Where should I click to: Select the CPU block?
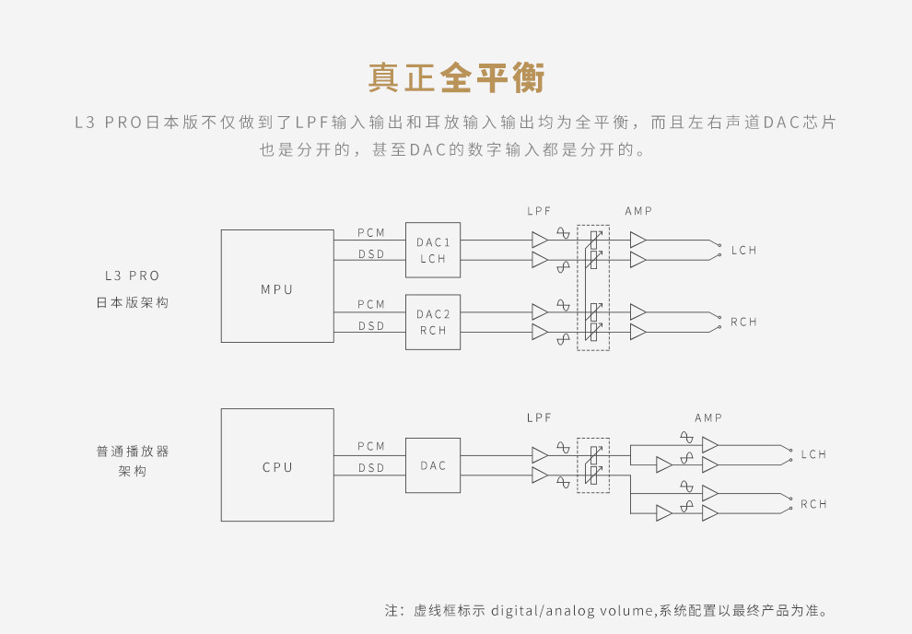click(x=277, y=466)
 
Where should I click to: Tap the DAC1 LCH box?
click(x=433, y=250)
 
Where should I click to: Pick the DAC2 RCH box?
click(x=433, y=322)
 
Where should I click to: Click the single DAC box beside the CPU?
click(x=433, y=465)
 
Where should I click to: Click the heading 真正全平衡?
click(x=456, y=78)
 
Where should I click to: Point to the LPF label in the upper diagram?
click(x=539, y=211)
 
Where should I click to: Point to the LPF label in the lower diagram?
click(x=539, y=417)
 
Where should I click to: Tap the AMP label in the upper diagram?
click(x=638, y=211)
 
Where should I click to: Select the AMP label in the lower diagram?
click(x=708, y=417)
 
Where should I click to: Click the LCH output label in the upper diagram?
click(x=744, y=251)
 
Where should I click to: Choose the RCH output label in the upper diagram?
click(x=744, y=322)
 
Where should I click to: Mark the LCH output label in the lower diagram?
click(x=814, y=454)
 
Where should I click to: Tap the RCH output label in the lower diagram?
click(x=814, y=504)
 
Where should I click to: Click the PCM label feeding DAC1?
click(x=371, y=232)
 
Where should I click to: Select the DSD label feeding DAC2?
click(x=371, y=325)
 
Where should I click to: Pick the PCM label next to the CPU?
click(x=371, y=446)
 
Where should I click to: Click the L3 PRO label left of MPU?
click(x=133, y=276)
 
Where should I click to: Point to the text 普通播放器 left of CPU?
click(x=133, y=452)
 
